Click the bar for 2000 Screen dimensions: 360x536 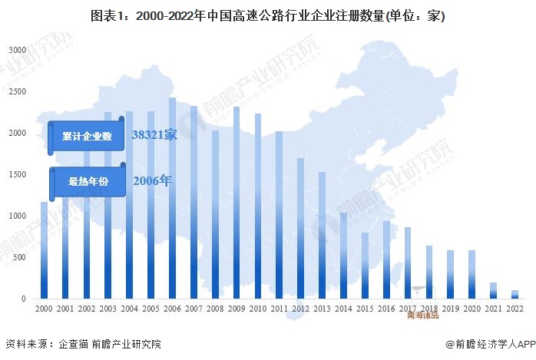click(x=44, y=250)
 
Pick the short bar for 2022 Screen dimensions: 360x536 click(x=514, y=295)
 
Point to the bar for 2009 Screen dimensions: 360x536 click(x=237, y=203)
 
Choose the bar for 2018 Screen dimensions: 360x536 click(x=429, y=272)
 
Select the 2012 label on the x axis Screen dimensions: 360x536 click(x=301, y=308)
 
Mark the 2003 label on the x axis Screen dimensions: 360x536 click(x=108, y=308)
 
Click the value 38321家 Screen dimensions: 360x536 click(x=154, y=135)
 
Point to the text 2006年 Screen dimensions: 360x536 click(x=153, y=182)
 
